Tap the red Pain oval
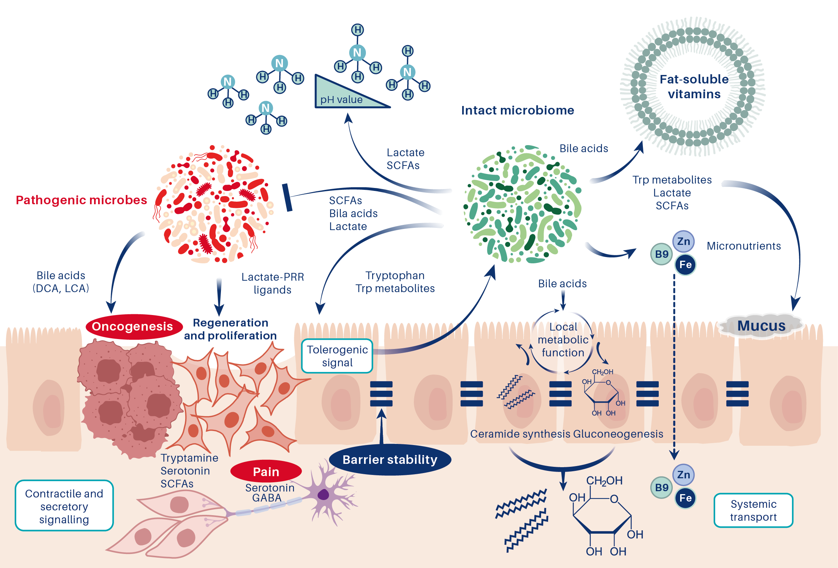click(266, 472)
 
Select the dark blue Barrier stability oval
click(390, 459)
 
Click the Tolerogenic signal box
click(337, 356)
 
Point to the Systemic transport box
click(753, 510)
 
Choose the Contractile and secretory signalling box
click(64, 506)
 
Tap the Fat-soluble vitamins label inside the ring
click(694, 86)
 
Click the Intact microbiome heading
click(517, 110)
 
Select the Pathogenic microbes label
click(81, 200)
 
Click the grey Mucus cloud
click(761, 326)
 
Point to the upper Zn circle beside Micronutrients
click(683, 242)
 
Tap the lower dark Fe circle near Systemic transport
click(685, 498)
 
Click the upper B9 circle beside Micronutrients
click(661, 254)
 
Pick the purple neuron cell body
click(323, 494)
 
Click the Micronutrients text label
click(744, 246)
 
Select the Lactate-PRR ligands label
click(273, 283)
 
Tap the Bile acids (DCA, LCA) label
click(61, 282)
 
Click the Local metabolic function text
click(563, 340)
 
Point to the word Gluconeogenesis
click(618, 434)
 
